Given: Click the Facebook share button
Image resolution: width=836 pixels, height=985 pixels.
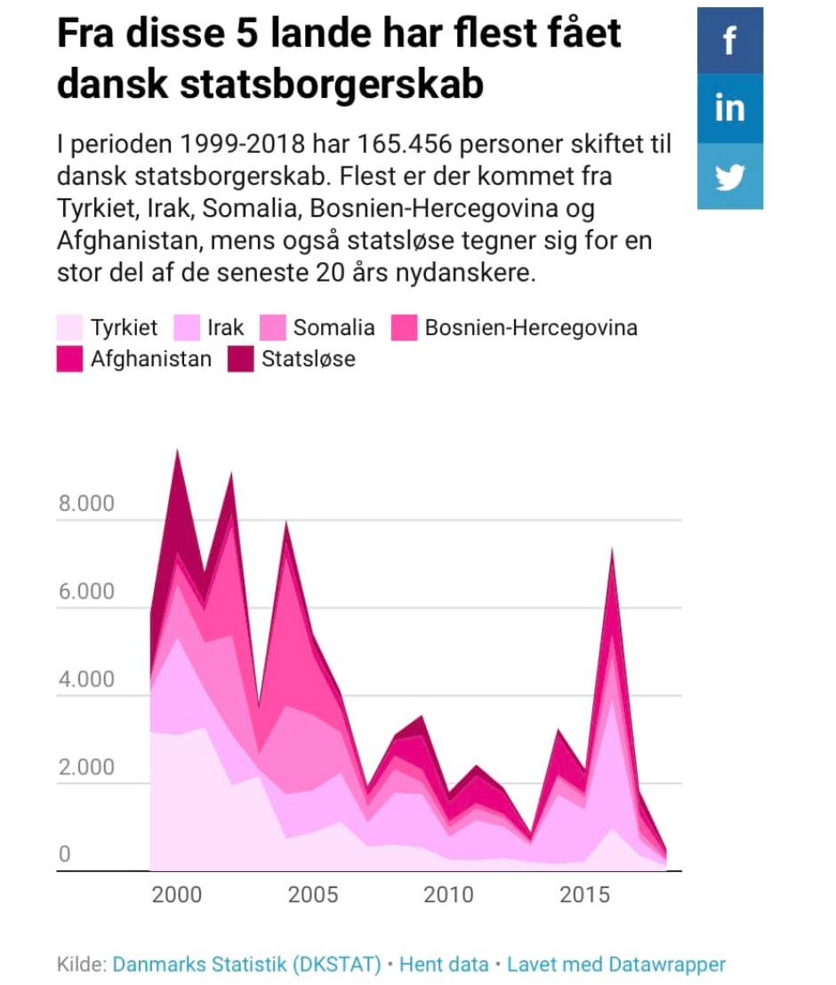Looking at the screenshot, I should (729, 40).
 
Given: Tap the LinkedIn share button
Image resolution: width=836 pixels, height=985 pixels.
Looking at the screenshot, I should (729, 108).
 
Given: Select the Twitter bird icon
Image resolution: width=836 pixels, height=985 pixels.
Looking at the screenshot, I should (729, 177).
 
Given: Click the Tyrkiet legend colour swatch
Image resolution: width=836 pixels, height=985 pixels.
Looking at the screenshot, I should (70, 328).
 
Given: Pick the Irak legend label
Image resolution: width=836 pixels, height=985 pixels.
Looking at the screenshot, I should (225, 328).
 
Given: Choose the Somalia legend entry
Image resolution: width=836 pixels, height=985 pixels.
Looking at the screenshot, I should (334, 328).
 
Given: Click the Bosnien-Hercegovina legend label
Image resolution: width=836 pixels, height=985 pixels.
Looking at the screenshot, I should (530, 328).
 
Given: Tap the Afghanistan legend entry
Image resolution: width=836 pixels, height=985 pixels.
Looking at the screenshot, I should (150, 359).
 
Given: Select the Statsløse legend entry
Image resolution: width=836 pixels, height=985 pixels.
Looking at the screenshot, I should (308, 359).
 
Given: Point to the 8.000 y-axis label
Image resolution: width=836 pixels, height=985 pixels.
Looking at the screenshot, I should (86, 504).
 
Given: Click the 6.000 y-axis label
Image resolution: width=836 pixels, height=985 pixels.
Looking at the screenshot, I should (86, 592).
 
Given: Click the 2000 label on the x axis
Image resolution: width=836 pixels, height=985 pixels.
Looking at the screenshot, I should (176, 894).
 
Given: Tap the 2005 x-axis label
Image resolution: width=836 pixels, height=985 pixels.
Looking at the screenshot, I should (312, 894).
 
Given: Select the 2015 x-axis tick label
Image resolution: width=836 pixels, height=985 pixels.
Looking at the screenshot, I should (584, 894).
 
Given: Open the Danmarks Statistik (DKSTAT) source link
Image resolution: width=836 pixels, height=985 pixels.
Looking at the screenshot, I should (247, 965).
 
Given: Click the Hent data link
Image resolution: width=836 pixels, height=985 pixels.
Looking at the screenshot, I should (444, 965).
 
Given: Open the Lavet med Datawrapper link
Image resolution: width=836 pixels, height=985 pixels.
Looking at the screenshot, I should (615, 965).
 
